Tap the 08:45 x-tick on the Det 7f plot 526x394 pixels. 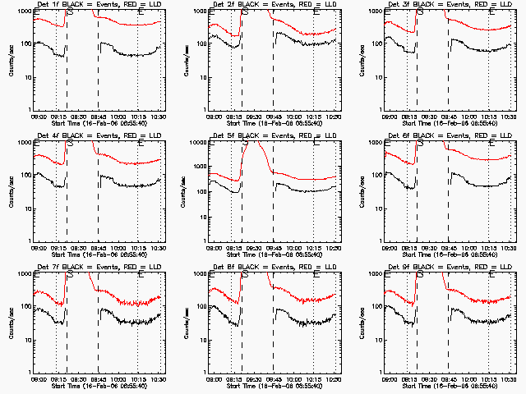tap(98, 379)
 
